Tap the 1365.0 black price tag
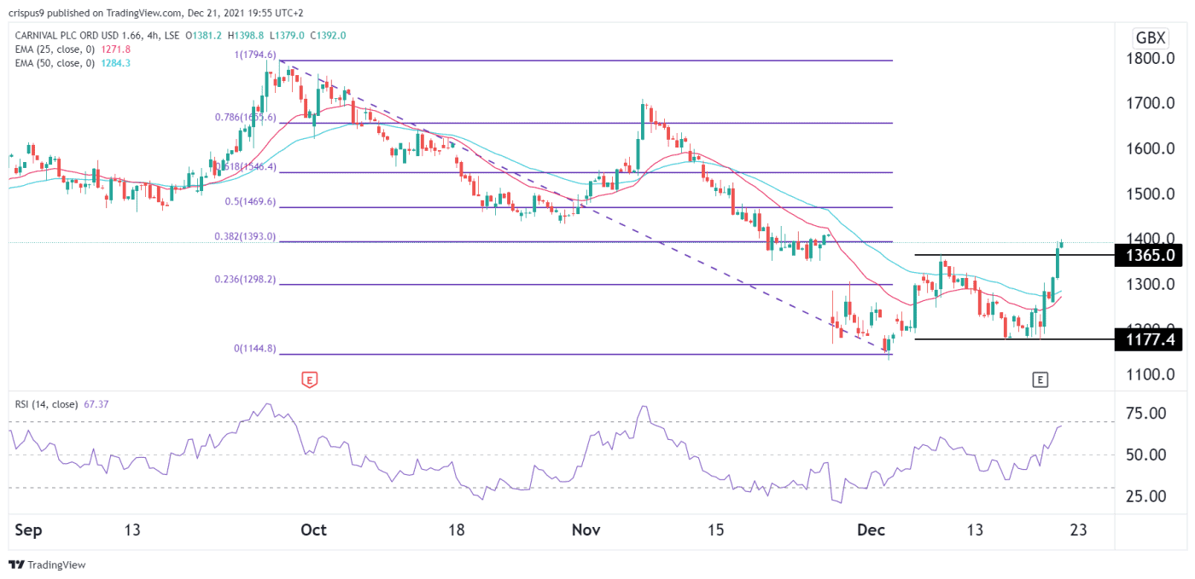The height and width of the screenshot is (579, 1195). [x=1148, y=255]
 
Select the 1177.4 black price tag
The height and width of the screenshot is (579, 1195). [x=1148, y=339]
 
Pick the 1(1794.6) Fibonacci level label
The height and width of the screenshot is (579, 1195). [x=254, y=55]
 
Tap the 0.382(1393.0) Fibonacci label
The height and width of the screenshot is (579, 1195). [x=248, y=236]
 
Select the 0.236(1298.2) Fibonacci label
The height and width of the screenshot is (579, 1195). [x=248, y=279]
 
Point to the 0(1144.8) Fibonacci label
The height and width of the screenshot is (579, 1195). [x=254, y=349]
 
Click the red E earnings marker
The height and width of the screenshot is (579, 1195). [x=310, y=379]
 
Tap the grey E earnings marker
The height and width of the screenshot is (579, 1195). [x=1039, y=379]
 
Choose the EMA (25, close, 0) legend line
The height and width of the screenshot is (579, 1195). [x=77, y=49]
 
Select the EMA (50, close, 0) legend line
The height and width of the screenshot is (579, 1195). [x=77, y=63]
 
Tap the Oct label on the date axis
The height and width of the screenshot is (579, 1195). [x=314, y=530]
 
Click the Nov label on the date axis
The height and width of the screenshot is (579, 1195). [x=585, y=530]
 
